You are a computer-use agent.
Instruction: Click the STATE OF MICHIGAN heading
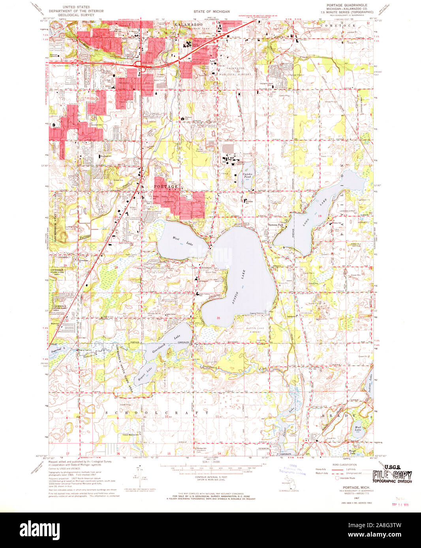point(211,12)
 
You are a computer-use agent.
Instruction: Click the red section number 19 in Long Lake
point(320,216)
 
